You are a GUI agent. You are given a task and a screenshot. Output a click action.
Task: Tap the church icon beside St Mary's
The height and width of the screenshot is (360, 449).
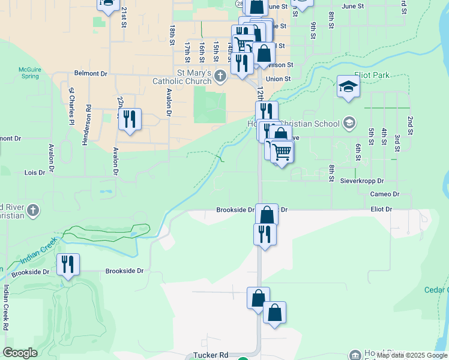click(x=220, y=76)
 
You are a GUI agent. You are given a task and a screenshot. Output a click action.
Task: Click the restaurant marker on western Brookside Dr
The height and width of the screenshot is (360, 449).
click(x=67, y=265)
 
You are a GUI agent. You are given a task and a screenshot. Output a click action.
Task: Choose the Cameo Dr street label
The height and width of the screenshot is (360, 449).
click(x=384, y=194)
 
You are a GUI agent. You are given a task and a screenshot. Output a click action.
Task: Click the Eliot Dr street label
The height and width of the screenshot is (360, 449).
click(x=381, y=209)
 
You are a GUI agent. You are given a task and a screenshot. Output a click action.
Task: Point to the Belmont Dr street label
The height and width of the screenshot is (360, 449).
click(x=90, y=73)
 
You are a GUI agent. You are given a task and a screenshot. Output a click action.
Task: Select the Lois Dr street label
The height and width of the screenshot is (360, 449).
click(x=34, y=173)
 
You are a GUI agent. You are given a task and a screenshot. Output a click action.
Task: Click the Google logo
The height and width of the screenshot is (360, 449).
click(x=20, y=353)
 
